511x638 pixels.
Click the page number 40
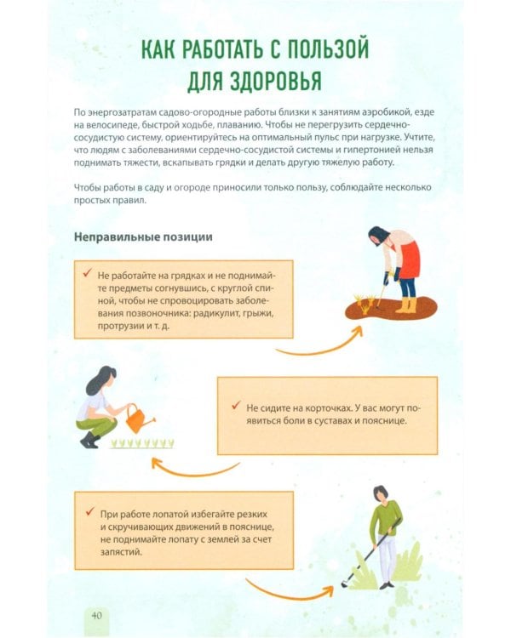(96, 615)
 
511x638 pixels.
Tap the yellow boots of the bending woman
(406, 305)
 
